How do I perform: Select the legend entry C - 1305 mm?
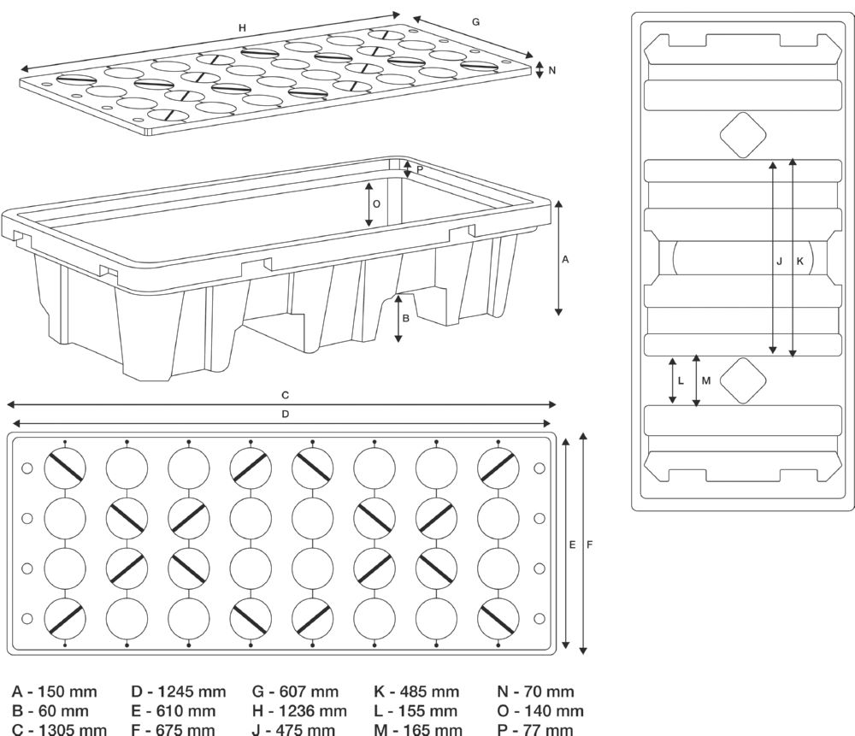[59, 729]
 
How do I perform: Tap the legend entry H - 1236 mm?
[299, 710]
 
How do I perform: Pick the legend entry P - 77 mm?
[535, 729]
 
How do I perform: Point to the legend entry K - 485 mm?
[416, 691]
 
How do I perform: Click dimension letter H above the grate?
[242, 28]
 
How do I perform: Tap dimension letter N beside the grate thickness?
[551, 70]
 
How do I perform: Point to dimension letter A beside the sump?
[565, 260]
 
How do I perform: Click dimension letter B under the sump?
[406, 318]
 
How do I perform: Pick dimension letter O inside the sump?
[376, 203]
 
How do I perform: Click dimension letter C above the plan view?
[285, 395]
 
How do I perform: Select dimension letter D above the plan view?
[285, 414]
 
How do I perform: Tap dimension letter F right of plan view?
[590, 544]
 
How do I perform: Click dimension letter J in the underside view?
[779, 262]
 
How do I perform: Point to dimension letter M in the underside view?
[705, 380]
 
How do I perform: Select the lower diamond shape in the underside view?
[742, 381]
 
